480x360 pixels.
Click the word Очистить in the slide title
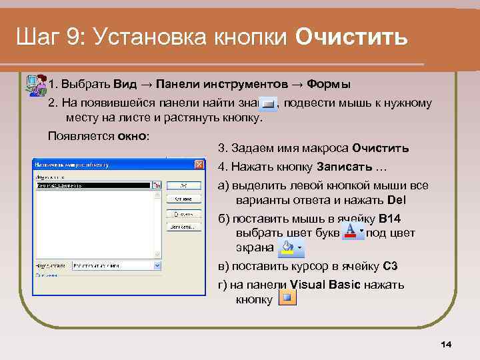(351, 37)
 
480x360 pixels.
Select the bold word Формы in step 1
(329, 85)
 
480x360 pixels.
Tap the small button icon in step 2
(268, 104)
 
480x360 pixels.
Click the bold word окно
(132, 136)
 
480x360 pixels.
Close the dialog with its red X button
(199, 165)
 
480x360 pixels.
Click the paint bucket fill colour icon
(288, 247)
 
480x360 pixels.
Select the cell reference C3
(391, 266)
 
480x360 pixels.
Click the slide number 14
(446, 344)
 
